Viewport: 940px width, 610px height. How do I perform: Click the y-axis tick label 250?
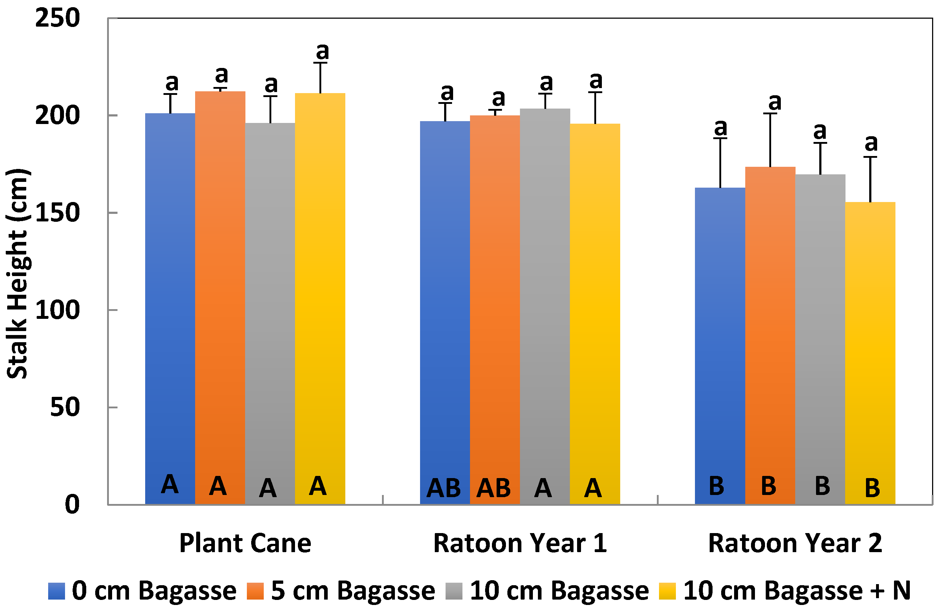click(57, 19)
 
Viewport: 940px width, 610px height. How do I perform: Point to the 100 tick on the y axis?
click(57, 310)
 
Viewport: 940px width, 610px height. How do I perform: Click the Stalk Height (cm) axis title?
click(17, 274)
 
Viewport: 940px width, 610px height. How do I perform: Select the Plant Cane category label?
click(245, 544)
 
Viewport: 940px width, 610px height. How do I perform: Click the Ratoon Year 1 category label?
click(520, 544)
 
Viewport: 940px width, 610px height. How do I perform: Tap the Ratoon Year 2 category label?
click(795, 544)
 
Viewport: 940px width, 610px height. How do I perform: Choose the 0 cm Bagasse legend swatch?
click(56, 591)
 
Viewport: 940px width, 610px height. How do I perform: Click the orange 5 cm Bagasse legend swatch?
click(255, 591)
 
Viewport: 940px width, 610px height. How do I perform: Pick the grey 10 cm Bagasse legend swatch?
click(454, 591)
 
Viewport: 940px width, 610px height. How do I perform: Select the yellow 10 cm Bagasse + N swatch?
click(667, 591)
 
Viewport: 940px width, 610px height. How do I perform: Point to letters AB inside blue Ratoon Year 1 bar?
click(443, 488)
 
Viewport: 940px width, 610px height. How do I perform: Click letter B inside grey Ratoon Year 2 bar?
click(822, 486)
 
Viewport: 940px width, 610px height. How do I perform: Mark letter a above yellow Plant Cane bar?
click(322, 51)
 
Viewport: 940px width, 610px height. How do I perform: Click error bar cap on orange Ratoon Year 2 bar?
click(770, 114)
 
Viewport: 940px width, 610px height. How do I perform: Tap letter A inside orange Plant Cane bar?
click(218, 486)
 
